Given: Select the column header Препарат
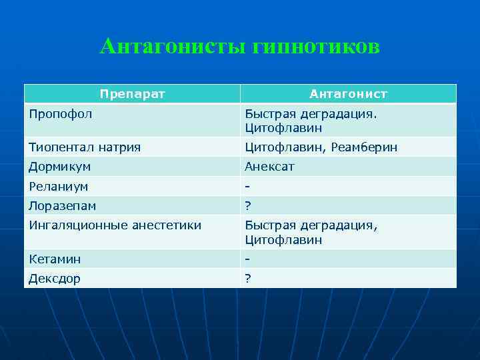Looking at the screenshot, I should (x=132, y=94).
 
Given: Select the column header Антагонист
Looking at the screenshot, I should (x=348, y=94).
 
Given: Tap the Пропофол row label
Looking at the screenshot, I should (x=61, y=113).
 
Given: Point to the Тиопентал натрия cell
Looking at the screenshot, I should (x=85, y=147).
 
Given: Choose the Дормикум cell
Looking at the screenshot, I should (x=59, y=166).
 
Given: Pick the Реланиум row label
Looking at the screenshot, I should (x=59, y=186).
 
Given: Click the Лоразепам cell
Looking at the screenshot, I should (x=62, y=206).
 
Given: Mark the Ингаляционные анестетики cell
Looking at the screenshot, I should (x=115, y=225).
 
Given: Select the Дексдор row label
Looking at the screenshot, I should (x=54, y=279).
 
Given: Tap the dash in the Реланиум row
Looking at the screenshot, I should (x=247, y=186).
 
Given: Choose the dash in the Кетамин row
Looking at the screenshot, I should (x=247, y=259).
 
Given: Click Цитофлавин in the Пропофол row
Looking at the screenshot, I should (x=283, y=127).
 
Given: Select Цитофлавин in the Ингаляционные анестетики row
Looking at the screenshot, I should (x=283, y=239).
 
